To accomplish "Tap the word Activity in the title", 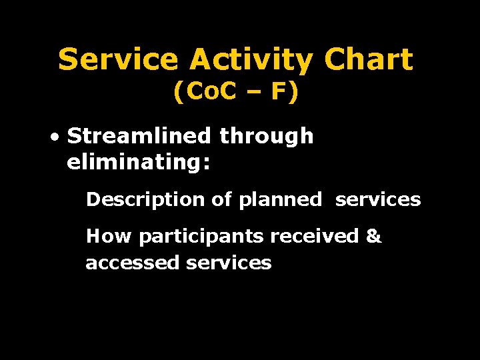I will [x=251, y=60].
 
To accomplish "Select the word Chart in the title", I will [x=369, y=60].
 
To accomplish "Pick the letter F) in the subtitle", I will [x=285, y=92].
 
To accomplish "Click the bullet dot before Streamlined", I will [x=54, y=137].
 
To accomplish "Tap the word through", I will [x=266, y=137].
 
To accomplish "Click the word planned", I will [x=279, y=200].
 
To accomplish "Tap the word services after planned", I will [x=378, y=199].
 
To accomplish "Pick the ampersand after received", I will [x=374, y=236].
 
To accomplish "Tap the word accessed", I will [x=133, y=263].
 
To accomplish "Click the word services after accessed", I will [x=229, y=263].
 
